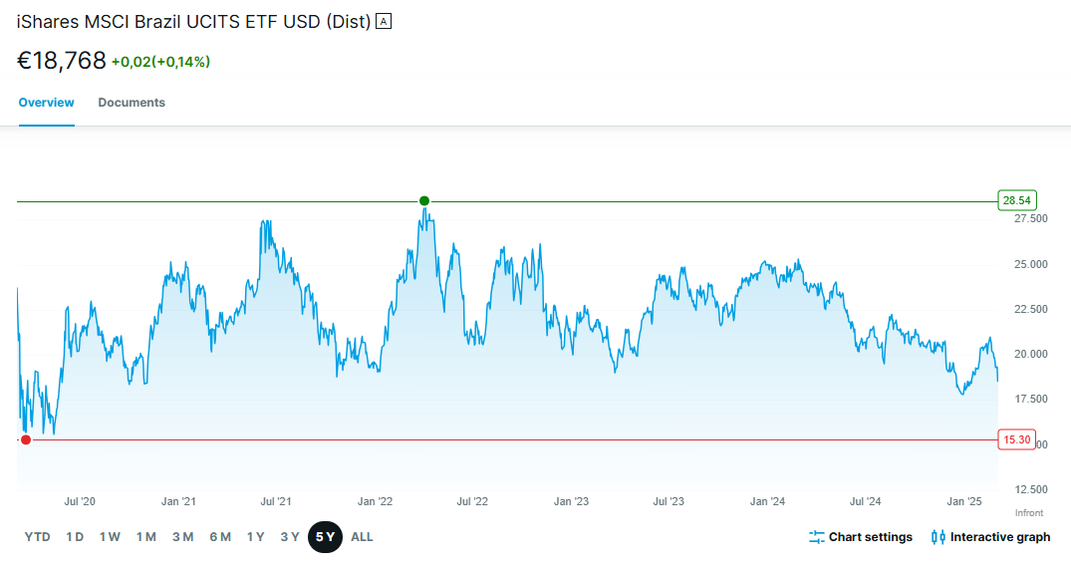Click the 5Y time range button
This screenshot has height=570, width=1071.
click(325, 537)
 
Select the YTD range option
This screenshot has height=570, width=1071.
click(37, 537)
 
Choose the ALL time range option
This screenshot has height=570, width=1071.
click(362, 537)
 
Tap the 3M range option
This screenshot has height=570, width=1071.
click(182, 537)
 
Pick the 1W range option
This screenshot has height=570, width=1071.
click(110, 537)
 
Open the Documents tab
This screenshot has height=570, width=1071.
click(132, 103)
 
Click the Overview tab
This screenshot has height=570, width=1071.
click(47, 103)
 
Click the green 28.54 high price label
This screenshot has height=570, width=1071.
click(1016, 201)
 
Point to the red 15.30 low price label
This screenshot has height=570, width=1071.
click(1016, 440)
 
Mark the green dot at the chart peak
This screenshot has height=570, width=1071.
click(424, 201)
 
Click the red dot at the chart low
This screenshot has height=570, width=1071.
click(26, 440)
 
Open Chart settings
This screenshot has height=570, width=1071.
click(861, 537)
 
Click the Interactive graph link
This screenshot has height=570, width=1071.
click(990, 537)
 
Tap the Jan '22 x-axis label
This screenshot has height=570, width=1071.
click(375, 501)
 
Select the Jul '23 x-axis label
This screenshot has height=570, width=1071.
click(669, 501)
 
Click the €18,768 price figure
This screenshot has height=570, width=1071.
click(62, 61)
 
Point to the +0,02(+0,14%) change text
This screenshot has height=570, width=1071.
click(160, 62)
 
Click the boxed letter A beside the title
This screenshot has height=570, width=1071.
click(384, 21)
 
